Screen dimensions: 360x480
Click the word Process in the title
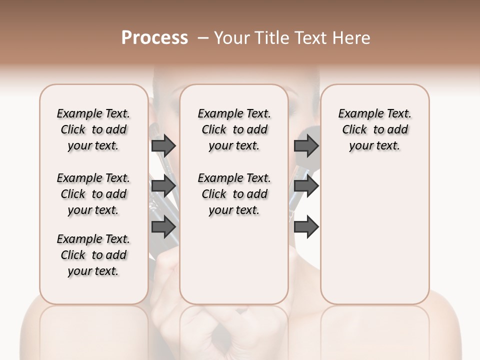(154, 38)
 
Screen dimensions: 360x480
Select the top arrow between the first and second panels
(163, 146)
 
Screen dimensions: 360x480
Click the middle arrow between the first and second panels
(163, 186)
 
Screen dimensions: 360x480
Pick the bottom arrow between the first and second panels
(163, 227)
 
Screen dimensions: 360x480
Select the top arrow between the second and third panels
(306, 146)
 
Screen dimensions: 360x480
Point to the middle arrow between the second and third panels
(306, 186)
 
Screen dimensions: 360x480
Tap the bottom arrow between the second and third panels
(306, 227)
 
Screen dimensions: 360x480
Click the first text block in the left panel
(93, 129)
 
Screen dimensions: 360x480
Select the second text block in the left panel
(93, 194)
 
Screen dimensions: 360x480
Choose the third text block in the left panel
(93, 255)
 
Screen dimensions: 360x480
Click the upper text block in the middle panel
(234, 129)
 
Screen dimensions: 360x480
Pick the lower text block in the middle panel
(234, 194)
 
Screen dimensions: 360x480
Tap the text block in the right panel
(374, 129)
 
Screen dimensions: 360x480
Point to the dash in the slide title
(203, 38)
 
